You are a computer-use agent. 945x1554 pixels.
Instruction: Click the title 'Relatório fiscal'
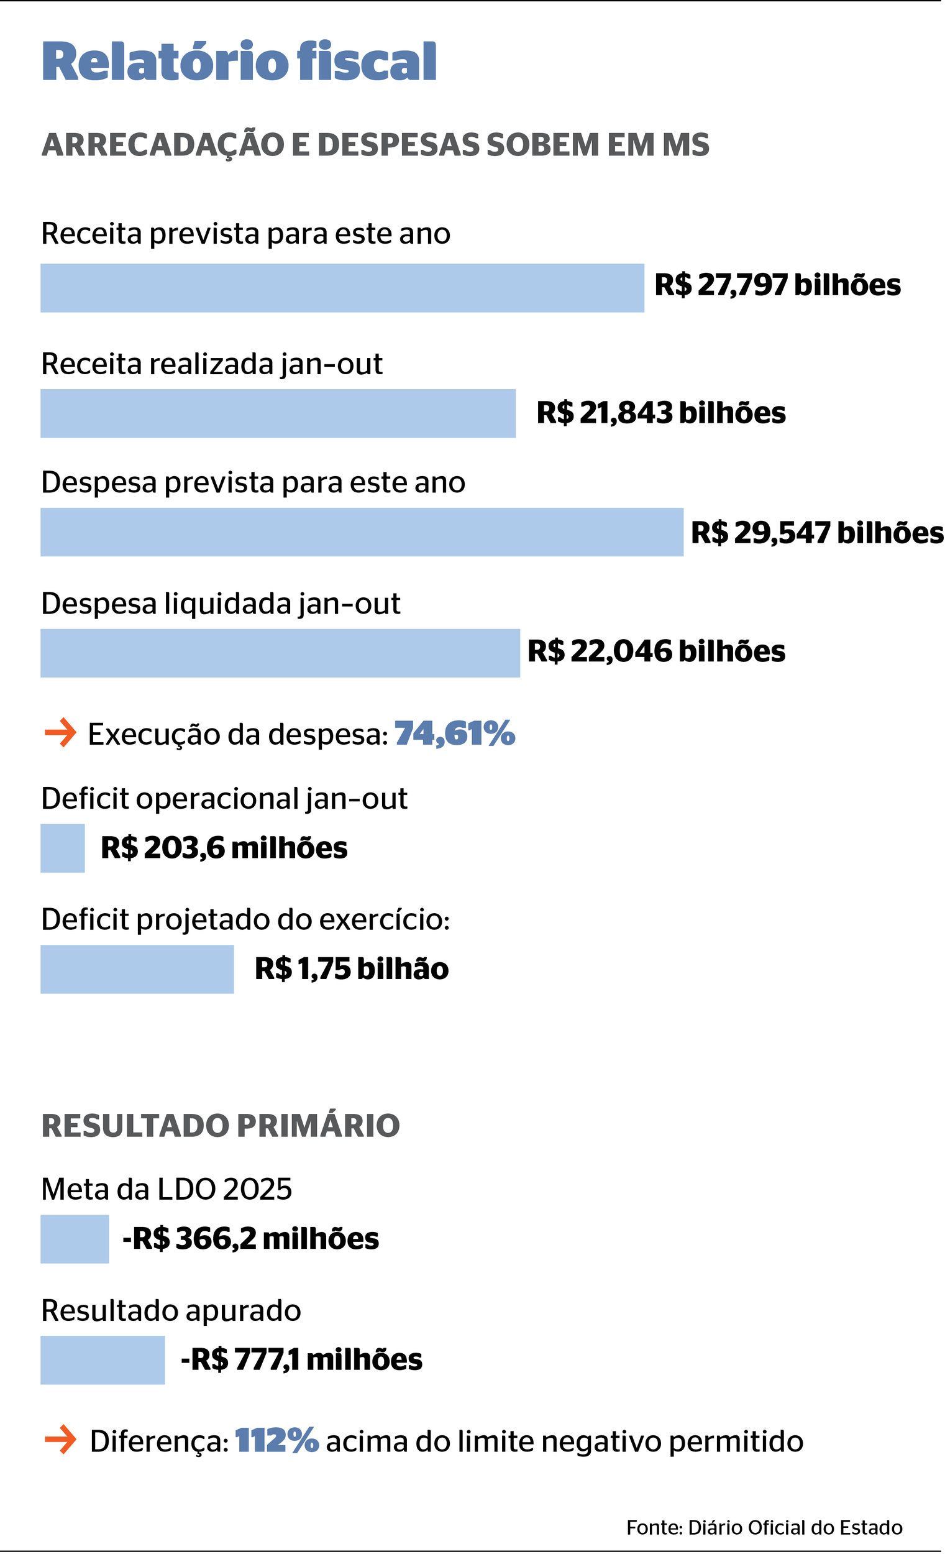click(x=239, y=62)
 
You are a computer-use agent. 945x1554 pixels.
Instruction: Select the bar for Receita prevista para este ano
click(x=342, y=288)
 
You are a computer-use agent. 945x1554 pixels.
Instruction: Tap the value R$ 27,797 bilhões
click(x=777, y=285)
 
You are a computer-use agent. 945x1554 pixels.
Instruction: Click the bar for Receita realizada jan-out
click(x=277, y=413)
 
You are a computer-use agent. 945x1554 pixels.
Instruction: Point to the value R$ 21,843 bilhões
click(x=660, y=413)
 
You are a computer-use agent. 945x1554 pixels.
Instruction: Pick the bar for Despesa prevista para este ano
click(x=361, y=531)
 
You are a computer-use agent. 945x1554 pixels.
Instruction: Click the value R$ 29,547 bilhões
click(x=816, y=533)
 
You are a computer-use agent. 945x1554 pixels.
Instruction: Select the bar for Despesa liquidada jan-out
click(x=280, y=653)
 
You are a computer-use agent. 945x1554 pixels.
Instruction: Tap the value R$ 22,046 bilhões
click(x=655, y=651)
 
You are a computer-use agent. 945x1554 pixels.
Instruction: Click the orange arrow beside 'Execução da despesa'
click(x=60, y=733)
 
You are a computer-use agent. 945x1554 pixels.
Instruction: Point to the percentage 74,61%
click(x=455, y=733)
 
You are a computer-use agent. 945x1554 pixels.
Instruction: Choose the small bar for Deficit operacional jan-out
click(x=62, y=848)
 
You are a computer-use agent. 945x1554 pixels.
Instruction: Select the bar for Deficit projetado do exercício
click(x=137, y=968)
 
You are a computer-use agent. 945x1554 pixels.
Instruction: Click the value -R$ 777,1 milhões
click(x=301, y=1359)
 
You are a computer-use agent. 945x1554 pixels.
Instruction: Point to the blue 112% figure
click(x=276, y=1441)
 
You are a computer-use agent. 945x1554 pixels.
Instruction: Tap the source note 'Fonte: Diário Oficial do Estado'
click(x=764, y=1527)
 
